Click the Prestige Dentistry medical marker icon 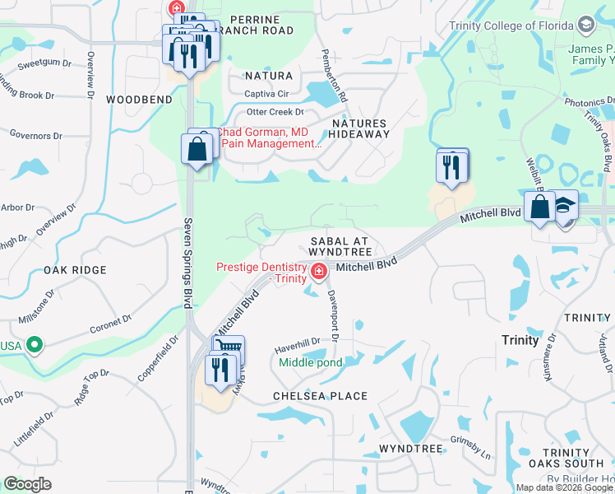coord(317,271)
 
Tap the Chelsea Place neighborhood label coord(321,396)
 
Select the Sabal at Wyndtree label coord(340,245)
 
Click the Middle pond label coord(310,362)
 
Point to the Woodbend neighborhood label coord(139,100)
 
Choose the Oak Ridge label coord(75,270)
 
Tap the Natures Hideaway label coord(359,128)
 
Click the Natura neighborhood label coord(269,76)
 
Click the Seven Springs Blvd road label coord(187,264)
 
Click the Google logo coord(28,484)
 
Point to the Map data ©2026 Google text coord(563,487)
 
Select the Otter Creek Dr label coord(275,112)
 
